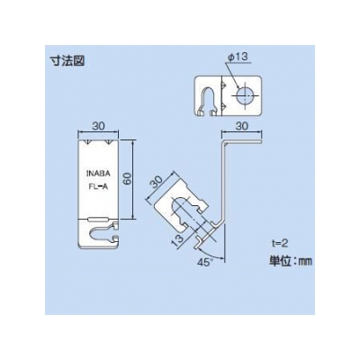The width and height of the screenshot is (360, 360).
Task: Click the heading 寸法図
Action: coord(67,61)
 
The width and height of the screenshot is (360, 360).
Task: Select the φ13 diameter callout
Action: coord(238,57)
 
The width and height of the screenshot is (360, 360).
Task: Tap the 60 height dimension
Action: coord(128,179)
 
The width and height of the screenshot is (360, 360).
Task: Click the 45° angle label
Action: coord(204,261)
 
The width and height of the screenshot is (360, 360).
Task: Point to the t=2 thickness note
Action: coord(278,244)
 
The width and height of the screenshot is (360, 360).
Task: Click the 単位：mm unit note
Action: coord(290,261)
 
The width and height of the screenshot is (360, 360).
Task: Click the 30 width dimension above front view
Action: coord(98,126)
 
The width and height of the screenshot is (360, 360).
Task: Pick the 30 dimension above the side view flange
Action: coord(241,126)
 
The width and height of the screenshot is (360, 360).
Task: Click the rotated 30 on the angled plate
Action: coord(156,183)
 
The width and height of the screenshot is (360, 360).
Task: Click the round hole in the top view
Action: coord(245,95)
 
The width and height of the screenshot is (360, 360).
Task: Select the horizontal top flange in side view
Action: coord(242,141)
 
